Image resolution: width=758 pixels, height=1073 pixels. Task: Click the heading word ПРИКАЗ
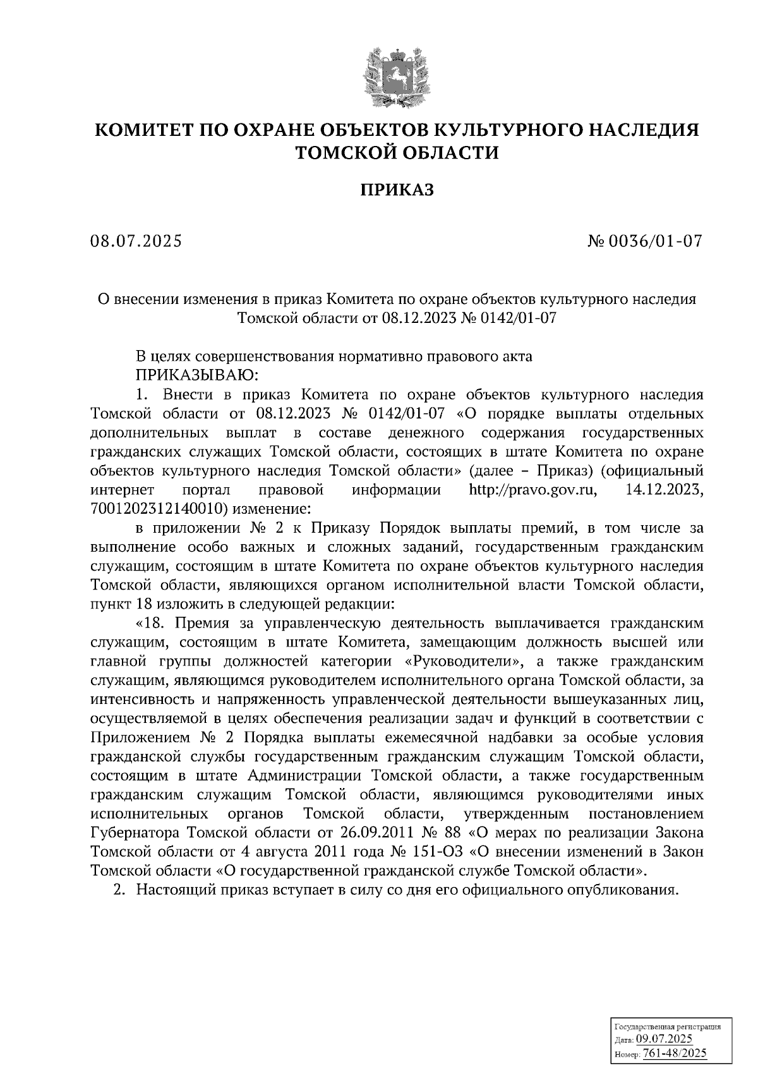pos(397,190)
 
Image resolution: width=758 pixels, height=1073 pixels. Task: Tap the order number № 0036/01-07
pos(645,241)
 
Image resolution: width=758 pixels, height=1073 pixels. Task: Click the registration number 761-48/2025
pos(674,1054)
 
